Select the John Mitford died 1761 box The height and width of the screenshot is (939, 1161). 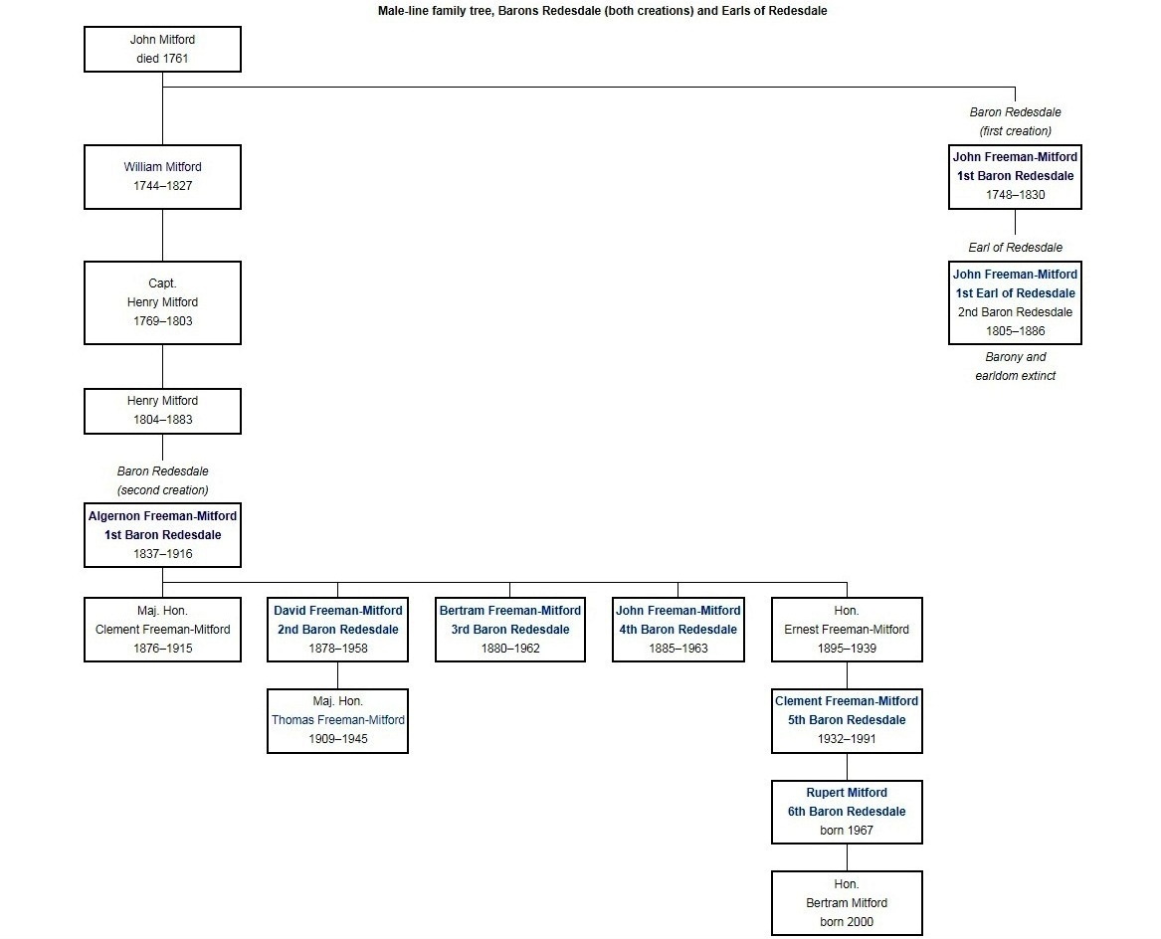(x=162, y=50)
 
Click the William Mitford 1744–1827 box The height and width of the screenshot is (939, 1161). (x=162, y=177)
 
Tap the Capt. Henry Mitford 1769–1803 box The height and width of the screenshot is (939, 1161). (x=162, y=302)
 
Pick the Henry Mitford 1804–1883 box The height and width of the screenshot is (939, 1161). (x=162, y=411)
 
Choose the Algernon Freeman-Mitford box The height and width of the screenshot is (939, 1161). (x=162, y=535)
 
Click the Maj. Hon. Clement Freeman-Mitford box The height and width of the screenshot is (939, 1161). (x=162, y=630)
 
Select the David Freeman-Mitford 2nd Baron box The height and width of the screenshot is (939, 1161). (x=337, y=630)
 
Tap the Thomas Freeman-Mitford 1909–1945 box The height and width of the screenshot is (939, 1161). (x=337, y=720)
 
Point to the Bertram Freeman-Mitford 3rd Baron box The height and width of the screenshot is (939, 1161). (x=509, y=630)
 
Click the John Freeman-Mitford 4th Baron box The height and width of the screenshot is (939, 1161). (x=677, y=630)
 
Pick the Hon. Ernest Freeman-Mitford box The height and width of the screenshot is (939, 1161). (x=847, y=630)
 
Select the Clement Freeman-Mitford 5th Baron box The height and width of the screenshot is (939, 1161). (x=847, y=720)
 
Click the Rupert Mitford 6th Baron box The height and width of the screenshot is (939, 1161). (x=847, y=812)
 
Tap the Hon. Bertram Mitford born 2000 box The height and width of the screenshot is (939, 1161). (x=847, y=903)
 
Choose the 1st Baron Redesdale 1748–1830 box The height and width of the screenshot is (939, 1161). (x=1015, y=176)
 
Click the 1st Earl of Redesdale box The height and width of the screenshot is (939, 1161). (x=1015, y=302)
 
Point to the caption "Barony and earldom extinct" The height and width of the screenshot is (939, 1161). (x=1015, y=366)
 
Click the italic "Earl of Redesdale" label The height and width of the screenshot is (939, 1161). (x=1015, y=248)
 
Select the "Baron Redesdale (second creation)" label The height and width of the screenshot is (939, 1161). (x=162, y=480)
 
